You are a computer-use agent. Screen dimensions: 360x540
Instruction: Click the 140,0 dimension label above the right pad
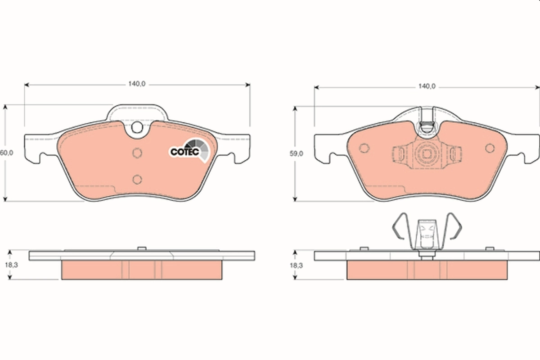coord(427,86)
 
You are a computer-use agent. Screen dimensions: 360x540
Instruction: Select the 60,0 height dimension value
coord(6,153)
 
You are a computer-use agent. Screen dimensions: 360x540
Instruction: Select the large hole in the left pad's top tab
coord(137,129)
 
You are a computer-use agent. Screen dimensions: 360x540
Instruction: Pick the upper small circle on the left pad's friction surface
coord(137,153)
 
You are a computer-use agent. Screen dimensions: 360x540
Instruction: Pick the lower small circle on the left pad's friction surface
coord(137,179)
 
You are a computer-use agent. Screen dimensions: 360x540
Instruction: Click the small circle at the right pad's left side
coord(364,148)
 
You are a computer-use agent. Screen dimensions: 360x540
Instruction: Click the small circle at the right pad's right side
coord(489,148)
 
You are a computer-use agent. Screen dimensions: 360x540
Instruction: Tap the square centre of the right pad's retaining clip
coord(426,154)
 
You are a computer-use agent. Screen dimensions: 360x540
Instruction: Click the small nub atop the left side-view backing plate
coord(141,248)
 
